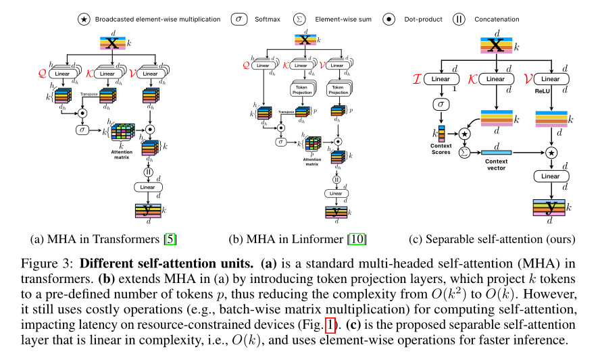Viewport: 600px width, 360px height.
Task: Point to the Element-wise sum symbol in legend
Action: coord(308,19)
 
